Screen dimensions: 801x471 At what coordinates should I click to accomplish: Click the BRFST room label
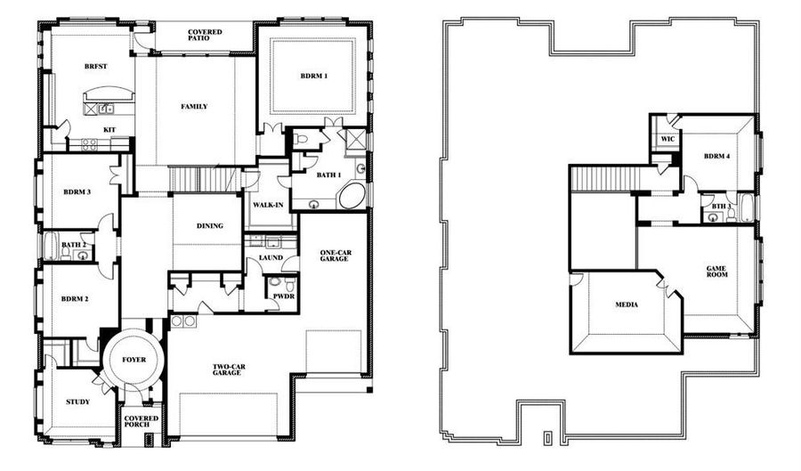coord(95,67)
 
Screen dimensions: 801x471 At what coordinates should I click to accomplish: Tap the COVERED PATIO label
coord(205,35)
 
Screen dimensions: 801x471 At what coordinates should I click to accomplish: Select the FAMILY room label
coord(194,107)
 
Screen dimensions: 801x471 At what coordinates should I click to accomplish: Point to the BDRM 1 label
coord(313,76)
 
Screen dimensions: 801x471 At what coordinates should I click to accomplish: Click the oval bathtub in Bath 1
coord(352,196)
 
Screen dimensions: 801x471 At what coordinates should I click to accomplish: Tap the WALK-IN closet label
coord(268,206)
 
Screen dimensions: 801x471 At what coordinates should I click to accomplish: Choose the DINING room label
coord(210,226)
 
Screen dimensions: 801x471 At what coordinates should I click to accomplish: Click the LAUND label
coord(271,258)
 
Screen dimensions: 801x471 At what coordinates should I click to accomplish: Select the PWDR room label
coord(284,296)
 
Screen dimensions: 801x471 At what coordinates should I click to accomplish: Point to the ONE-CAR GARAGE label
coord(336,256)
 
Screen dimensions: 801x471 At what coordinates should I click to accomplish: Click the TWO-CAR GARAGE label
coord(229,369)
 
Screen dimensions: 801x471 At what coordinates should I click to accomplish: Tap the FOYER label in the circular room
coord(133,360)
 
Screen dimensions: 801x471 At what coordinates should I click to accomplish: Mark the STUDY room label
coord(77,402)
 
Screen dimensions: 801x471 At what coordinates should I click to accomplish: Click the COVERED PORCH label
coord(142,421)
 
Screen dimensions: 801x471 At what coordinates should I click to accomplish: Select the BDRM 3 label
coord(77,192)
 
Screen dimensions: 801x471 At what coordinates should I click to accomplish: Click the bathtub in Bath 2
coord(51,247)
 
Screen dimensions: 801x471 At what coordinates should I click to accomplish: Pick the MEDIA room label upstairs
coord(627,305)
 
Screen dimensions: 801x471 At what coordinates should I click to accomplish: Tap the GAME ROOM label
coord(716,272)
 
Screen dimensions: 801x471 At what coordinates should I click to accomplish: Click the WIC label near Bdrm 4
coord(667,139)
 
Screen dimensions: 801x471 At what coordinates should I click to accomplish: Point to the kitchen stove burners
coord(89,144)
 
